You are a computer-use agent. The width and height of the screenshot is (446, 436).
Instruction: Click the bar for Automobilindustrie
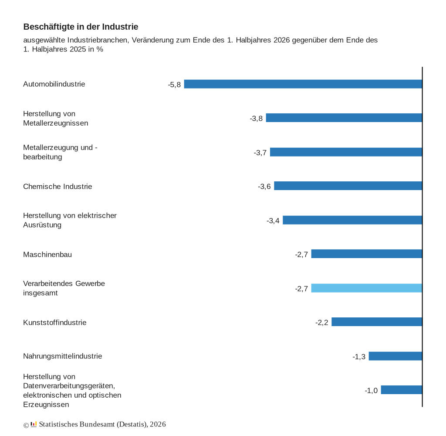(x=303, y=84)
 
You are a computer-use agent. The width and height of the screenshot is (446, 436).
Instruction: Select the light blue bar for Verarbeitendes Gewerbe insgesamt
(x=367, y=288)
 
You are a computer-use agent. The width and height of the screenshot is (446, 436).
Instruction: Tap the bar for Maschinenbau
(x=367, y=254)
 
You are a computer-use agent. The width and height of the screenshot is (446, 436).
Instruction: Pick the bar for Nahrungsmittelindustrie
(x=395, y=356)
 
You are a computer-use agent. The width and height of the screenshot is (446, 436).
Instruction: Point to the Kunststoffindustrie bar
(x=377, y=322)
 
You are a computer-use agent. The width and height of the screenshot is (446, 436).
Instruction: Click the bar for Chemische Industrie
(x=348, y=186)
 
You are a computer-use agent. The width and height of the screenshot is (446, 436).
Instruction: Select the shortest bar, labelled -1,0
(x=402, y=390)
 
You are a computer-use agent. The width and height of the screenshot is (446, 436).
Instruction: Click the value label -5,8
(x=174, y=85)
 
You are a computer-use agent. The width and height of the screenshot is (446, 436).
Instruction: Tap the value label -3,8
(x=256, y=119)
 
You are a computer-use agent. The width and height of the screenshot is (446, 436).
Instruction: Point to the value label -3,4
(x=273, y=221)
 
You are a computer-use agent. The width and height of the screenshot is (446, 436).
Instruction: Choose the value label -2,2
(x=322, y=322)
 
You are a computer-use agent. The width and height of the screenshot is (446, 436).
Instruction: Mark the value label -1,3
(x=359, y=357)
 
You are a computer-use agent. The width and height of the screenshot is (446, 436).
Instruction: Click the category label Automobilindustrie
(x=54, y=84)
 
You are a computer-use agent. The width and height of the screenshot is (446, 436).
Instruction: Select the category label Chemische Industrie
(x=57, y=186)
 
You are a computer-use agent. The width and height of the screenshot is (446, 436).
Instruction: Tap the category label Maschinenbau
(x=47, y=254)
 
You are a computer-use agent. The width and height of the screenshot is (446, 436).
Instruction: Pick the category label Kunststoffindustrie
(x=54, y=322)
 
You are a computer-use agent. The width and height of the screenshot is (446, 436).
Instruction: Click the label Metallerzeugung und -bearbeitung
(x=60, y=152)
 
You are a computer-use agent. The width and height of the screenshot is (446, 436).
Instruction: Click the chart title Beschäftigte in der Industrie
(x=81, y=27)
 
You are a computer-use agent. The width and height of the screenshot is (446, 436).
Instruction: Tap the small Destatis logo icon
(x=34, y=424)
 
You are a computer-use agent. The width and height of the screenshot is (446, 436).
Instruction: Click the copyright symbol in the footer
(x=26, y=425)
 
